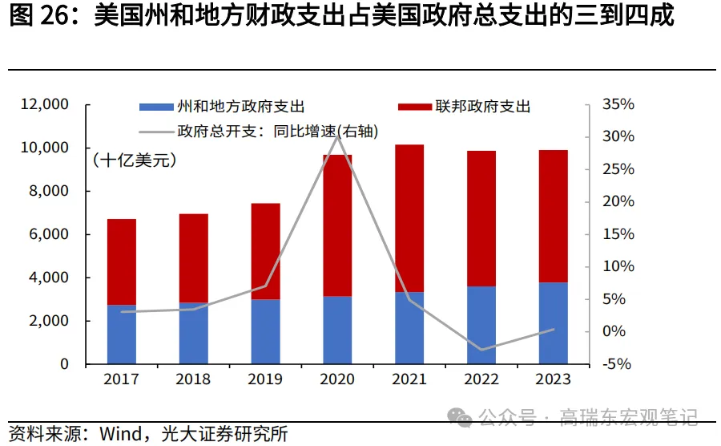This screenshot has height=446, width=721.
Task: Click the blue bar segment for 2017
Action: [x=122, y=334]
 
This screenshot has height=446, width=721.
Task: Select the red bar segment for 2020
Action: [x=337, y=225]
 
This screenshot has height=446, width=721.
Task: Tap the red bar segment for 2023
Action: [x=554, y=216]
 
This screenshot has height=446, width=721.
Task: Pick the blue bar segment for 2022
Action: [x=481, y=325]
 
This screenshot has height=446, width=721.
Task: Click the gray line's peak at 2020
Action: [x=337, y=136]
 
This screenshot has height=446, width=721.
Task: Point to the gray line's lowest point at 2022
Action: [x=481, y=350]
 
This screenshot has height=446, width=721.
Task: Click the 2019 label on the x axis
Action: [x=266, y=379]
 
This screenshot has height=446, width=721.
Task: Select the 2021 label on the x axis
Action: [x=409, y=379]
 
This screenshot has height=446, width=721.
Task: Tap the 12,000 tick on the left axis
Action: [x=46, y=104]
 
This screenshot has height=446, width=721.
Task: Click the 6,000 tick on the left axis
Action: [x=50, y=234]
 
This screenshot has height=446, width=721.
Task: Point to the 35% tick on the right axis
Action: [x=618, y=104]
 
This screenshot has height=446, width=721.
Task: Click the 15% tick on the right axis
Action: [x=618, y=234]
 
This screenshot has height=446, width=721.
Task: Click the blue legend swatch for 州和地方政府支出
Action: [x=155, y=106]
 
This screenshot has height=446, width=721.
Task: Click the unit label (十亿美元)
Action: [x=135, y=160]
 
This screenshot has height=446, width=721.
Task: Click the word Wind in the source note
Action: [x=120, y=434]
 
